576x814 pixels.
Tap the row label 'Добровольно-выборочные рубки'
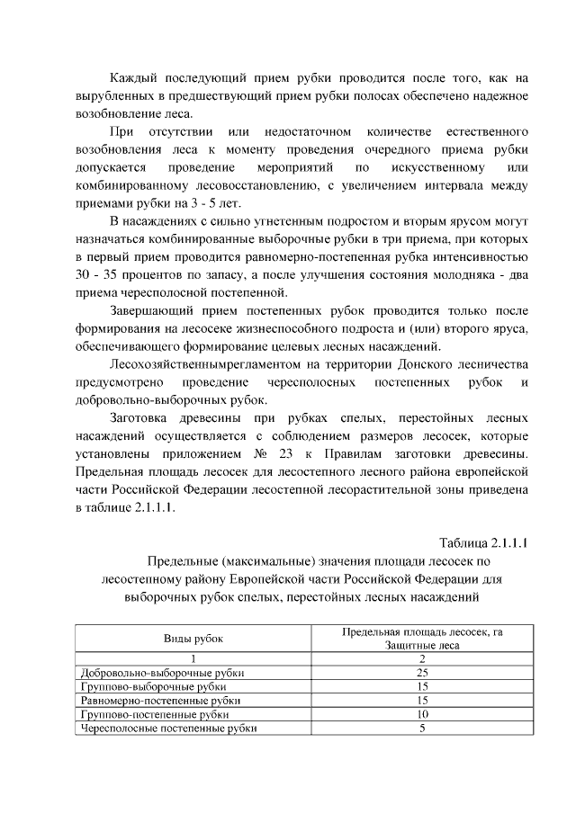tap(162, 673)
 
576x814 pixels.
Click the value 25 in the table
tap(421, 673)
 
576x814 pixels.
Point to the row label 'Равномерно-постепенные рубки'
tap(160, 701)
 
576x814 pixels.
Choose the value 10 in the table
tap(421, 714)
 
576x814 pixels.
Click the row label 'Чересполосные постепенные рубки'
tap(168, 729)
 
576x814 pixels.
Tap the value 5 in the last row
tap(421, 729)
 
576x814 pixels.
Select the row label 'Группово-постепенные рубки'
tap(154, 714)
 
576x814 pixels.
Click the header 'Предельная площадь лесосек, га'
tap(422, 632)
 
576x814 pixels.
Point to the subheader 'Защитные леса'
tap(422, 645)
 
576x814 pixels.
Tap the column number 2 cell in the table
tap(421, 658)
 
